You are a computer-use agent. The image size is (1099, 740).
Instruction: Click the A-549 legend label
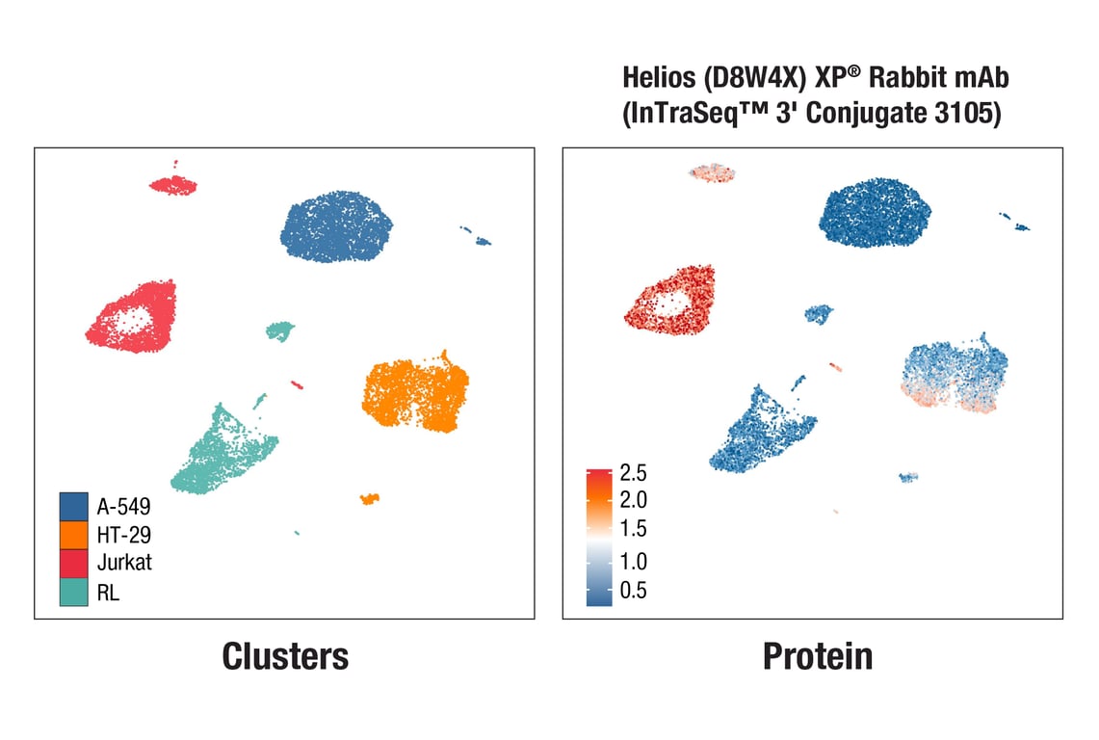click(123, 504)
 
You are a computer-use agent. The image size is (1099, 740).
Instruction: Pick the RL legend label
click(108, 593)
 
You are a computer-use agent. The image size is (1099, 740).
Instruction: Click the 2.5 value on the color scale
click(634, 473)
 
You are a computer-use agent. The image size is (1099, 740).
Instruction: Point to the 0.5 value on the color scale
click(634, 591)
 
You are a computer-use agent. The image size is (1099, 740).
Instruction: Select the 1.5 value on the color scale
click(634, 529)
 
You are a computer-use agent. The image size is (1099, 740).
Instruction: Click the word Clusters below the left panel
click(284, 656)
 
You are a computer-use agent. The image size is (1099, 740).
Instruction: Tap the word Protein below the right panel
click(818, 656)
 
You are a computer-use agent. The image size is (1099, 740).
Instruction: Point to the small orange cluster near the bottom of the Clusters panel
click(369, 498)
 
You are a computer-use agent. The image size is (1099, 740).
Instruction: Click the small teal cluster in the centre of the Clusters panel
click(279, 331)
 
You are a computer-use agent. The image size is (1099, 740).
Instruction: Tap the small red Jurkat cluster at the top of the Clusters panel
click(173, 185)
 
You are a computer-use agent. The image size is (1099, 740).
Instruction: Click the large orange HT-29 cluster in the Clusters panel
click(416, 395)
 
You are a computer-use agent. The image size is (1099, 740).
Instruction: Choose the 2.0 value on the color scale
click(634, 500)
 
